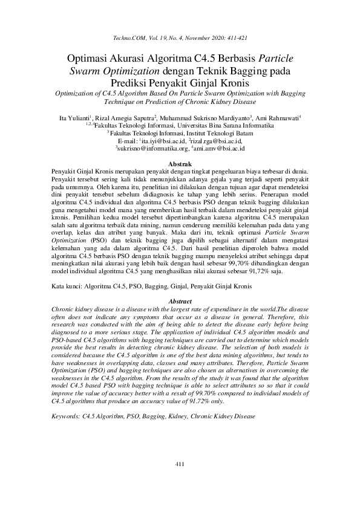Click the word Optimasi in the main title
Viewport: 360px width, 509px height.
point(90,59)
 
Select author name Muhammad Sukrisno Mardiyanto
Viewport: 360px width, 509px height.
point(197,117)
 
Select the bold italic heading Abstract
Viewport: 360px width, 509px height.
point(180,301)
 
